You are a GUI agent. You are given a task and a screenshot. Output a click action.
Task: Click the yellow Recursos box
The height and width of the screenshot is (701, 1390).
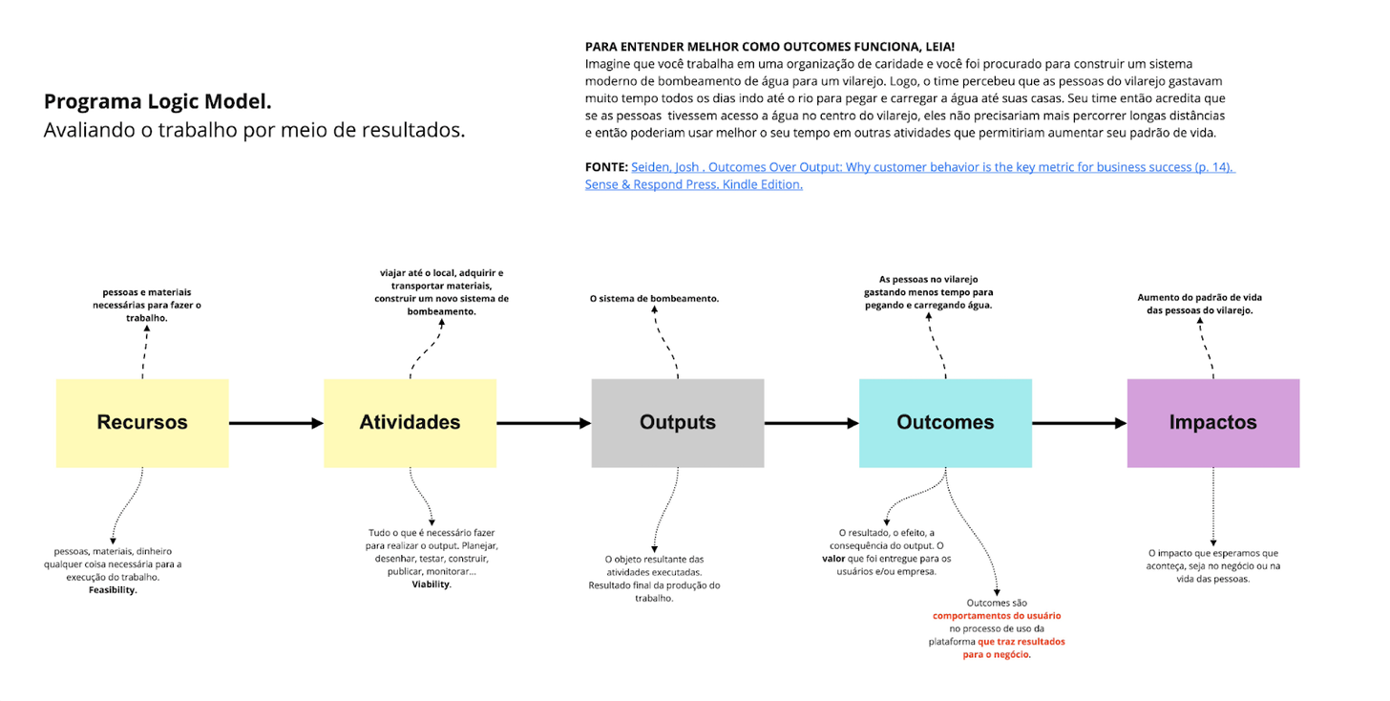(142, 423)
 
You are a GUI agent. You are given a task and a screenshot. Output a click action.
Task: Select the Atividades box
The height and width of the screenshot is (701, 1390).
(410, 423)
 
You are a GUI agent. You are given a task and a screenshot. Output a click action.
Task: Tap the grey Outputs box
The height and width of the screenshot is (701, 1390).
(678, 423)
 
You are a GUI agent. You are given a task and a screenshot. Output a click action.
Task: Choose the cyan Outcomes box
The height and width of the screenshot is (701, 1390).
(945, 423)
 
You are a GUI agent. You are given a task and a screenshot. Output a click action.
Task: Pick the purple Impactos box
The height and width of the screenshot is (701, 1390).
(1212, 423)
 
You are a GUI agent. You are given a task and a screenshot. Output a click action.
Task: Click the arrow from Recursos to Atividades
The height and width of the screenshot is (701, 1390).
(276, 423)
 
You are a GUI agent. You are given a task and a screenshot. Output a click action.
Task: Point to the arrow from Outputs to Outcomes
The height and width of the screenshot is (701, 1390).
(811, 423)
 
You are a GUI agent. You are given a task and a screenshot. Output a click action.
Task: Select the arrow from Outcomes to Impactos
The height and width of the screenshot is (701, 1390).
(1079, 423)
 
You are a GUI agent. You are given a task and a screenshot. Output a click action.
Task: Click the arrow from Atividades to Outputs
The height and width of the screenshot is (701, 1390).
(543, 423)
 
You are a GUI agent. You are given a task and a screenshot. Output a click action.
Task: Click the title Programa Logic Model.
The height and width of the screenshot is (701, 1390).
(158, 102)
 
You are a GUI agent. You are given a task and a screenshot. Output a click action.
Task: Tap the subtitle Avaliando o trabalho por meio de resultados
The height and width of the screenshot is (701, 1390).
(254, 131)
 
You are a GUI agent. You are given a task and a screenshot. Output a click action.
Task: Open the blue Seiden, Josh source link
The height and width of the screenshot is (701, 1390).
(932, 167)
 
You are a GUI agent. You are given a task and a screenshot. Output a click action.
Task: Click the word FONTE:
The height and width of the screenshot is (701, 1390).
(606, 167)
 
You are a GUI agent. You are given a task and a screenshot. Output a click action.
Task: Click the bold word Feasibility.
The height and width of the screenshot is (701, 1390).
(113, 590)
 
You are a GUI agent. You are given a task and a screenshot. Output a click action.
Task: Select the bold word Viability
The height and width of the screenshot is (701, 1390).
(431, 584)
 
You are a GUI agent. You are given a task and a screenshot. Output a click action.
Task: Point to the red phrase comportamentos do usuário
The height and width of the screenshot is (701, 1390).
(997, 616)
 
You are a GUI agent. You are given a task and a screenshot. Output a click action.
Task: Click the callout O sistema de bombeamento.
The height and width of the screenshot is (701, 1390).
(654, 299)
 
